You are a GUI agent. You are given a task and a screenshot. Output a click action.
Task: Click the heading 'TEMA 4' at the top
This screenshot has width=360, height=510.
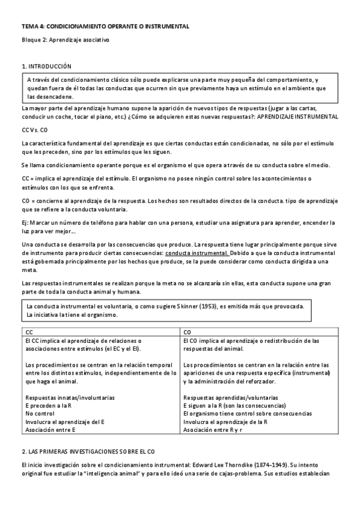tap(32, 26)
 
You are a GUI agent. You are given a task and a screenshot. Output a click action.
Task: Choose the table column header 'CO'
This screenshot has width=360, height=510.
tap(187, 331)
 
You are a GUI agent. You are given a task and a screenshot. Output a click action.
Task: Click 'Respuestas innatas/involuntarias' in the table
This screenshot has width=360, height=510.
tap(70, 398)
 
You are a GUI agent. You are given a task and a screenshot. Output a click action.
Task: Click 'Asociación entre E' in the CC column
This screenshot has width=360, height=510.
tap(50, 430)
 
